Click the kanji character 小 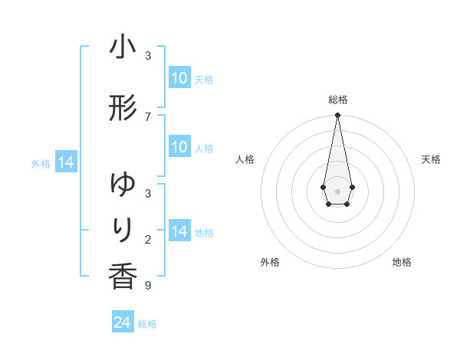tap(123, 47)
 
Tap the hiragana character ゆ tap(123, 185)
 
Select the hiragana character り tap(123, 230)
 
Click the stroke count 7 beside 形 tap(148, 116)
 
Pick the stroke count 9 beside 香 tap(148, 286)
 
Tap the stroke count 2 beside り tap(148, 240)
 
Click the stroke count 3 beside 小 tap(148, 56)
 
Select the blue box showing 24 tap(123, 322)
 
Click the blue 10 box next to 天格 tap(179, 78)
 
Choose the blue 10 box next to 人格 tap(179, 147)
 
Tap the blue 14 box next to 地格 tap(179, 231)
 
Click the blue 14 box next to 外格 tap(65, 162)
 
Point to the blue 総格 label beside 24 tap(147, 324)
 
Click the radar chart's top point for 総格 tap(337, 116)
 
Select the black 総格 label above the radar tap(337, 100)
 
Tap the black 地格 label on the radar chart tap(402, 262)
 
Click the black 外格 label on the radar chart tap(270, 262)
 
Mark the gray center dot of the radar tap(337, 190)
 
